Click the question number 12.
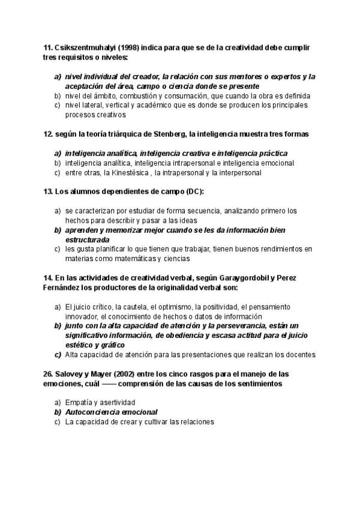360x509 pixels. click(48, 134)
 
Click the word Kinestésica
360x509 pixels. click(128, 173)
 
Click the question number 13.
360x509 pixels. click(48, 191)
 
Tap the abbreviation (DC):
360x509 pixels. click(191, 191)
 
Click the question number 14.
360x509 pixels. click(48, 279)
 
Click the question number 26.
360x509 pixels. click(48, 373)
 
